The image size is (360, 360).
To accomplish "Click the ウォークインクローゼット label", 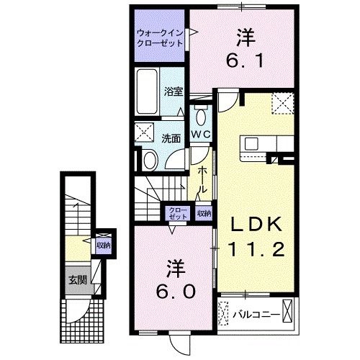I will click(160, 37).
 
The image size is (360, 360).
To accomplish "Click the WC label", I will click(200, 134).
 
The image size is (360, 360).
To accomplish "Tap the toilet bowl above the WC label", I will click(200, 115).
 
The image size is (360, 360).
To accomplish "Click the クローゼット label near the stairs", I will click(177, 212).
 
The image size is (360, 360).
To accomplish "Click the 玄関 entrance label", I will click(76, 280).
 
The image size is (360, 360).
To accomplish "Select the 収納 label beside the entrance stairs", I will click(104, 245).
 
